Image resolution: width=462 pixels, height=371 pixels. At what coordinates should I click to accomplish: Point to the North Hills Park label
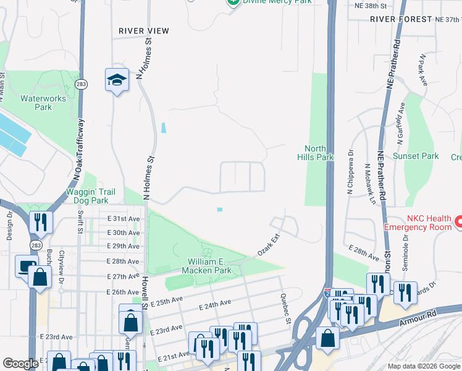pyautogui.click(x=319, y=152)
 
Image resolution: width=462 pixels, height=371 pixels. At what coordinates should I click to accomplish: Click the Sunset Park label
pyautogui.click(x=416, y=156)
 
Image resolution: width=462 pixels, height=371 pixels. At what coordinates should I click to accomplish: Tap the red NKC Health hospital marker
pyautogui.click(x=459, y=221)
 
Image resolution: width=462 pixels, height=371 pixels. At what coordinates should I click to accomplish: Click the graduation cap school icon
pyautogui.click(x=116, y=80)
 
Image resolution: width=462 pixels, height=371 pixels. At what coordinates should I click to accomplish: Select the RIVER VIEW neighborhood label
pyautogui.click(x=144, y=30)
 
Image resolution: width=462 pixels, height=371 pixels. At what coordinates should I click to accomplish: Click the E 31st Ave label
pyautogui.click(x=124, y=219)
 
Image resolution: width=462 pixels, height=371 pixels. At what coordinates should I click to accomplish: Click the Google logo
pyautogui.click(x=20, y=364)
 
